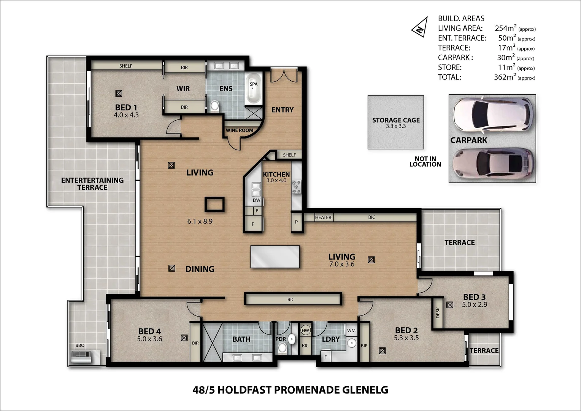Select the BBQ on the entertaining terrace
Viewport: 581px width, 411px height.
point(81,357)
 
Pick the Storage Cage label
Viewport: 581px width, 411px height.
point(396,120)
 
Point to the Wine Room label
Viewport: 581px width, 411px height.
point(240,130)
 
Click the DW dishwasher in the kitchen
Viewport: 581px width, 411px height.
point(257,200)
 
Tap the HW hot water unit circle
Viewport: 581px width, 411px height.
point(305,331)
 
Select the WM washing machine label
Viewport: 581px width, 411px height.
point(351,331)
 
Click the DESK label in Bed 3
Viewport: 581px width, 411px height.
point(438,313)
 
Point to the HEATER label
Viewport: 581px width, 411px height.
point(323,217)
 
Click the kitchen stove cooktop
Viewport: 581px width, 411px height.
point(296,187)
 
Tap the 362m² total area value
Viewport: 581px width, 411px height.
point(505,77)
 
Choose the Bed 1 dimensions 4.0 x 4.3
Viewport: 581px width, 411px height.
point(126,115)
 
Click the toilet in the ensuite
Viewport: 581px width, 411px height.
point(215,105)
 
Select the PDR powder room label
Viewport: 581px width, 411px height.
point(281,339)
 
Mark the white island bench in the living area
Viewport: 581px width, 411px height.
point(275,256)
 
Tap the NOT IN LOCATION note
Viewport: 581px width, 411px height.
point(425,162)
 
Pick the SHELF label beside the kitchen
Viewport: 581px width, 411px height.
point(289,155)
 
